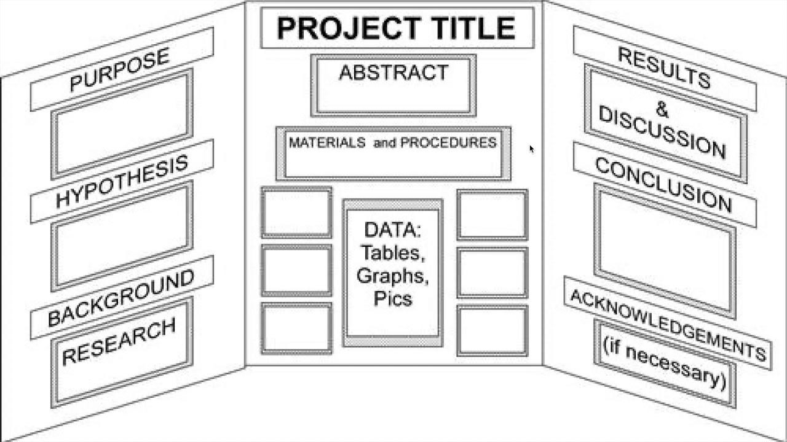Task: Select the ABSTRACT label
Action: pos(393,72)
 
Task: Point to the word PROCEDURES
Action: pos(448,143)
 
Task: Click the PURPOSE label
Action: pos(119,69)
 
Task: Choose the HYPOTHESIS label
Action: pos(122,182)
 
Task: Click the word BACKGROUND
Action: pos(121,298)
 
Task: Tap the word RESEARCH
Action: pos(119,342)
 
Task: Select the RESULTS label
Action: pos(664,68)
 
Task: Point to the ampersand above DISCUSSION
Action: pos(662,109)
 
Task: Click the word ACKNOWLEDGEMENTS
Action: pos(668,325)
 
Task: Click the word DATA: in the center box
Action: pos(392,230)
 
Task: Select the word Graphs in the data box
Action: pos(392,275)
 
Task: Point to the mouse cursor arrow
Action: pos(531,149)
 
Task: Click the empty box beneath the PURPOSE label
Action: pos(122,125)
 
